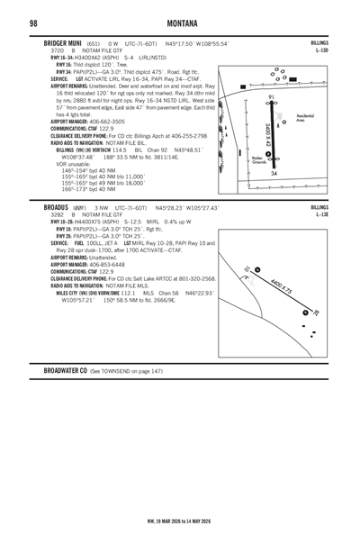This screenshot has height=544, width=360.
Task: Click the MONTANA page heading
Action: tap(180, 21)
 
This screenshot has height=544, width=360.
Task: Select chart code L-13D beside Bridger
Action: tap(321, 50)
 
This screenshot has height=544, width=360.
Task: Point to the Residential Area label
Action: tap(305, 118)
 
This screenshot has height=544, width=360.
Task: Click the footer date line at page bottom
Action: tap(180, 520)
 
